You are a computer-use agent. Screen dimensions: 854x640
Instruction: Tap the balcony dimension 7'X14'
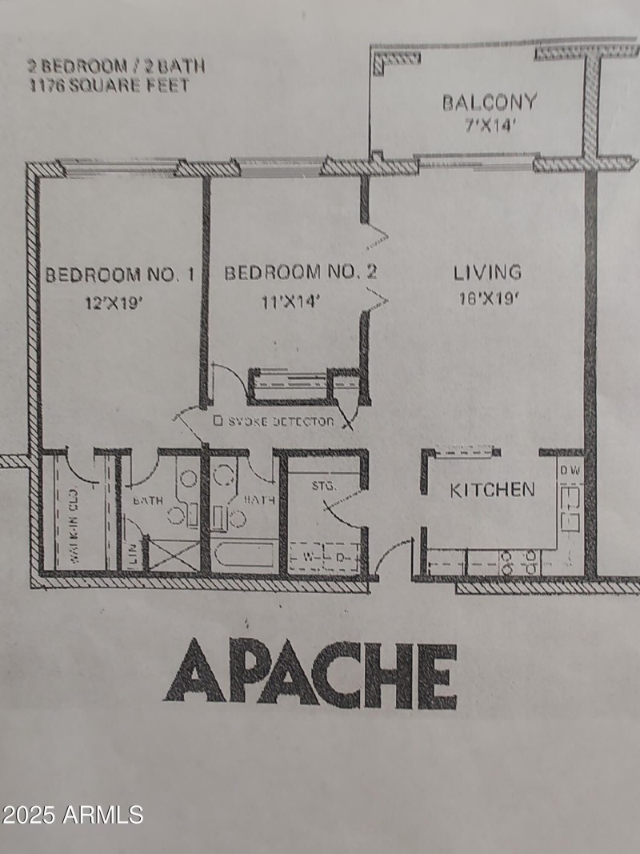coord(489,125)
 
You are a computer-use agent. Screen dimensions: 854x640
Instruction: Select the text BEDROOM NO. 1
coord(119,275)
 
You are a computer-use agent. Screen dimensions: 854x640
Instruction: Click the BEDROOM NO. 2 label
coord(300,273)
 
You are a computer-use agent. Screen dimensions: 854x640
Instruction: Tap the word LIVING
coord(487,272)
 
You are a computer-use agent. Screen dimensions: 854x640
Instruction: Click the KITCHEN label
coord(492,490)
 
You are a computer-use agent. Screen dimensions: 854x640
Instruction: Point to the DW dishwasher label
coord(570,470)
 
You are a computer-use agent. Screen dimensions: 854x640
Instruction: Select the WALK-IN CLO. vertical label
coord(71,524)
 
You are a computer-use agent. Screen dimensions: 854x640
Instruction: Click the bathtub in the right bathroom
coord(245,555)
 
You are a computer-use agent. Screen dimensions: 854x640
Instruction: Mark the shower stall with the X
coord(174,555)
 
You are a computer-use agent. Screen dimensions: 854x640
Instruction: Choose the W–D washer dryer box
coord(325,556)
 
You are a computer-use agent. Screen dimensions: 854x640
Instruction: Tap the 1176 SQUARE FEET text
coord(110,85)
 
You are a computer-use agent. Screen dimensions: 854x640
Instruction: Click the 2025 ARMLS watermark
coord(72,815)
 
